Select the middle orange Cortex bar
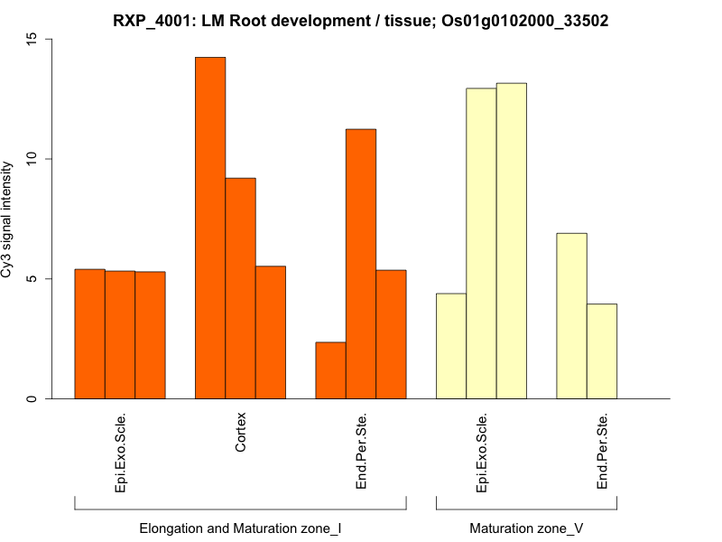click(x=240, y=288)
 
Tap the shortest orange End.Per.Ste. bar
click(x=330, y=370)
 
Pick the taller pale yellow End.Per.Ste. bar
click(x=571, y=316)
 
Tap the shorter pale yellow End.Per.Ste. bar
click(x=602, y=351)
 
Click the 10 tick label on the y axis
click(x=32, y=159)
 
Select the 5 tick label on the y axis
click(x=32, y=278)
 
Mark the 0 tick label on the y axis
click(x=32, y=398)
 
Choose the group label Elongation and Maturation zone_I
click(x=240, y=528)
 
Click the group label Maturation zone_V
click(x=526, y=528)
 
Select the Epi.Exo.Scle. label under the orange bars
click(x=120, y=452)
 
